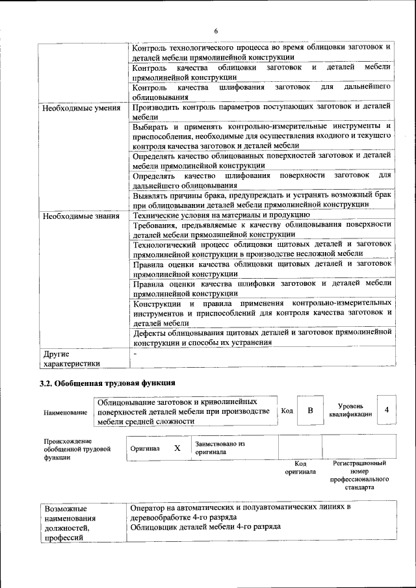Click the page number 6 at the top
tap(216, 31)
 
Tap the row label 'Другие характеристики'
tap(71, 359)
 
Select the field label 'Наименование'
tap(65, 413)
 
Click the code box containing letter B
tap(310, 411)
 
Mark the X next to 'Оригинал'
tap(177, 448)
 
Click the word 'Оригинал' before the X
tap(145, 448)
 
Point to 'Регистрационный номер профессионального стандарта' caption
tap(359, 475)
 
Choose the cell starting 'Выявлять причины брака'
tap(261, 199)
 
